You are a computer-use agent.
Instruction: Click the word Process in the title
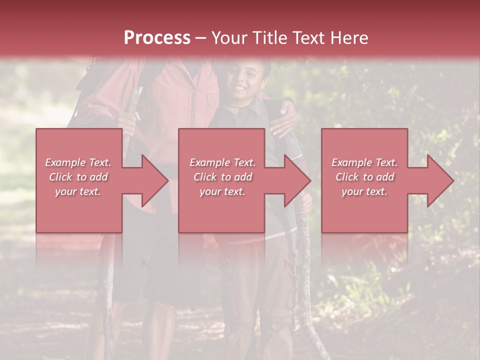[157, 38]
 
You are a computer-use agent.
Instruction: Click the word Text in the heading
[306, 38]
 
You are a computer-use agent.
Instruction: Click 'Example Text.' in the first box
[78, 162]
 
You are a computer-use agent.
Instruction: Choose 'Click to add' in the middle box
[222, 177]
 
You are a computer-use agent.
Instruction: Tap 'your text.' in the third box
[364, 191]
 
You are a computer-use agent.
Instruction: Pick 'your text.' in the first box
[78, 191]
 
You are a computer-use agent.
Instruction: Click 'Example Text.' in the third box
[364, 162]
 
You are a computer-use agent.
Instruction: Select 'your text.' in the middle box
[222, 191]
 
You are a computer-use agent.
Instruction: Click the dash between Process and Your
[201, 38]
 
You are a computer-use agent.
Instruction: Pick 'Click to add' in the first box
[78, 177]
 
